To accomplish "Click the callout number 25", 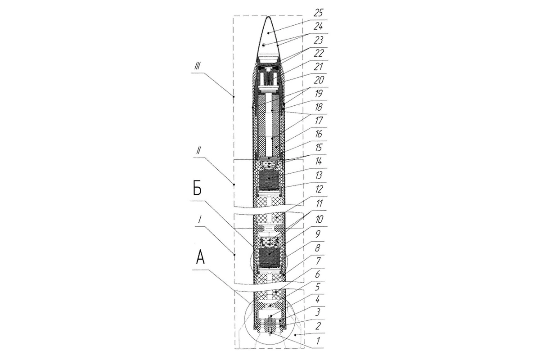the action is pyautogui.click(x=318, y=13).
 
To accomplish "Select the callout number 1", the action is pyautogui.click(x=318, y=341).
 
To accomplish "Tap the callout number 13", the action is pyautogui.click(x=319, y=175).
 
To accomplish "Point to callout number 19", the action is pyautogui.click(x=319, y=94).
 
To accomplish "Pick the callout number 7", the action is pyautogui.click(x=318, y=261).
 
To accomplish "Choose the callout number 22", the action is pyautogui.click(x=318, y=53).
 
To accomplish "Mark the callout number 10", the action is pyautogui.click(x=319, y=220).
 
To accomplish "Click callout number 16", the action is pyautogui.click(x=319, y=134).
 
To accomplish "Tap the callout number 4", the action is pyautogui.click(x=318, y=300).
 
